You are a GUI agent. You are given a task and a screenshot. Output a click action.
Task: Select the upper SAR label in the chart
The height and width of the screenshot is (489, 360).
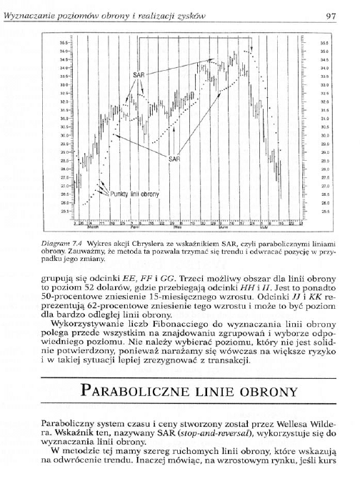[139, 74]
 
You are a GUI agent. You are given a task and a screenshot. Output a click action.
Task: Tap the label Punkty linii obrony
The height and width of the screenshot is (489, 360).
[134, 194]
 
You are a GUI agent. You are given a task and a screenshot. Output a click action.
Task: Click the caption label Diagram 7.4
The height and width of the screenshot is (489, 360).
[58, 244]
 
